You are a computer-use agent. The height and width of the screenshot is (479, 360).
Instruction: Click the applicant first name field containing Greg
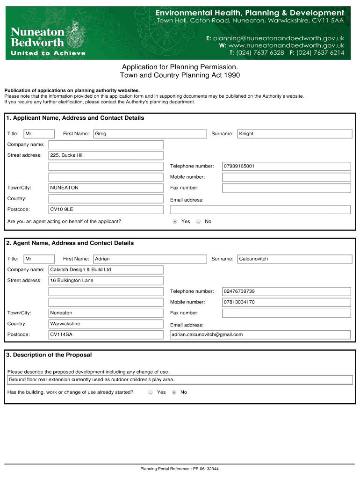click(150, 134)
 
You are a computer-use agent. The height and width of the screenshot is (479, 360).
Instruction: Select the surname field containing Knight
click(295, 134)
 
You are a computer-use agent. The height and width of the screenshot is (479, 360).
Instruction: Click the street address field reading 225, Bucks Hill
click(106, 155)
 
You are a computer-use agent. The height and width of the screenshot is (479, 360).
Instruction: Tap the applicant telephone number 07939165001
click(286, 166)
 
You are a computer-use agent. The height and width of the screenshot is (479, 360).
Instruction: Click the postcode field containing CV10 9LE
click(106, 210)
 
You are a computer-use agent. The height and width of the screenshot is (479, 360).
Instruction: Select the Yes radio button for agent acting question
click(175, 222)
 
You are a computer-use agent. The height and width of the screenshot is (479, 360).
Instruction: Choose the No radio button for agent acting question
click(198, 222)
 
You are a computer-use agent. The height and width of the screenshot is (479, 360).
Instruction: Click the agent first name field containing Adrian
click(150, 259)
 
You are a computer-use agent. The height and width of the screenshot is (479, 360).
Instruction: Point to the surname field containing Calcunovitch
click(295, 259)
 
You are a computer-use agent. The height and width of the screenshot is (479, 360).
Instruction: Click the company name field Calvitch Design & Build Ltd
click(106, 270)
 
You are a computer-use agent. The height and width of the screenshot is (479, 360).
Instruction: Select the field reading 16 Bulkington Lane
click(106, 281)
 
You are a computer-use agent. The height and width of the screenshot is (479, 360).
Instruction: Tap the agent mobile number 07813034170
click(286, 302)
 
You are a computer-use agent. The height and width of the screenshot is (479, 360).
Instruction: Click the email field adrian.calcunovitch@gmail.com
click(260, 334)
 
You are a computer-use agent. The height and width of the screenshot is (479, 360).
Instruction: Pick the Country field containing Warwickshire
click(106, 324)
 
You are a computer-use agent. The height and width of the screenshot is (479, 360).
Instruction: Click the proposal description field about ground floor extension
click(180, 380)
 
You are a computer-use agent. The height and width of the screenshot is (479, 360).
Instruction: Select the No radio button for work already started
click(174, 392)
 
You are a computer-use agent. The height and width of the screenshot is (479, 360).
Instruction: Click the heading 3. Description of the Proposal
click(49, 355)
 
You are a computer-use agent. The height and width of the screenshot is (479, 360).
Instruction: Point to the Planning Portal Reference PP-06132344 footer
click(180, 469)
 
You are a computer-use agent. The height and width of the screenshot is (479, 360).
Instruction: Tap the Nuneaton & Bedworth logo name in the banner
click(37, 36)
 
